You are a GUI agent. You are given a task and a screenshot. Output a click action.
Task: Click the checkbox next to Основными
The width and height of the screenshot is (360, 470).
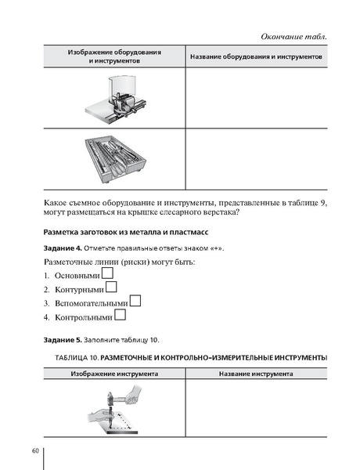click(109, 273)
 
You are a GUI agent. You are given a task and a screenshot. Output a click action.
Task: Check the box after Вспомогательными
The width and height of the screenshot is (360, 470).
click(135, 301)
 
